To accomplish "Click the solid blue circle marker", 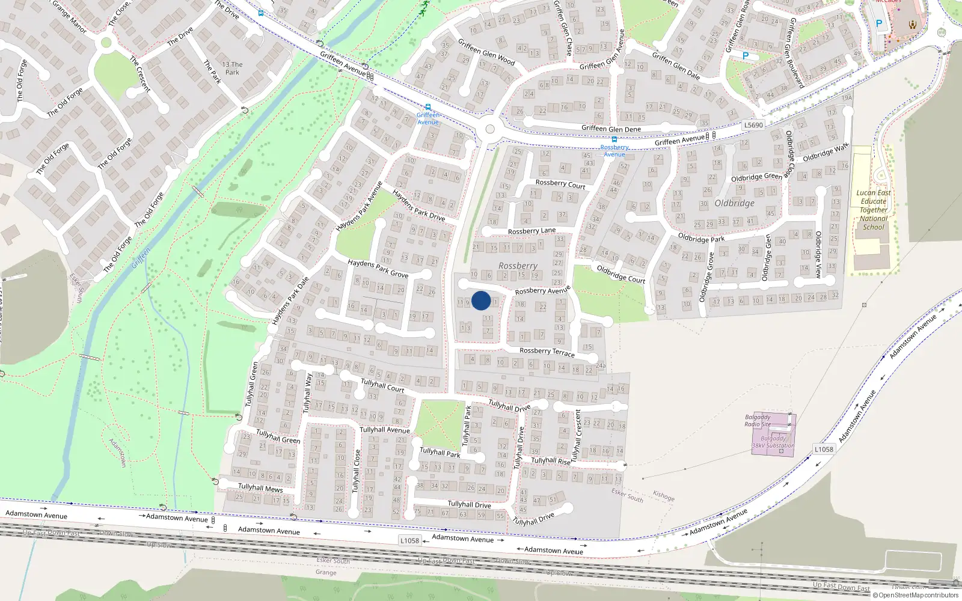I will point(481,300).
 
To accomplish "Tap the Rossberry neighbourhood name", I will point(518,266).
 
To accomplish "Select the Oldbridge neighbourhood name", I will point(734,203).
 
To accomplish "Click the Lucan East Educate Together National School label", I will point(873,210).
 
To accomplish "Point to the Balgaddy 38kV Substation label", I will point(773,442).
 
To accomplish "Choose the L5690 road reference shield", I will point(753,125).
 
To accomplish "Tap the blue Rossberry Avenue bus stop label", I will point(614,150).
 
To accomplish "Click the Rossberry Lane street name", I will point(532,231).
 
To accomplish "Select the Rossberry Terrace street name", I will point(547,351).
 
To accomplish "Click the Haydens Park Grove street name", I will point(378,269).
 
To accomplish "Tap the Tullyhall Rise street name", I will point(551,461).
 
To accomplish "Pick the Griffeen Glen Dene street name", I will point(611,129).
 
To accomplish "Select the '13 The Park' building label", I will point(232,68).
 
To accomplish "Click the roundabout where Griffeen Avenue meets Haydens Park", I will point(490,129).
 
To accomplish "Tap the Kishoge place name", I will point(663,496).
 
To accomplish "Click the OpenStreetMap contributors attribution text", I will point(918,595).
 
